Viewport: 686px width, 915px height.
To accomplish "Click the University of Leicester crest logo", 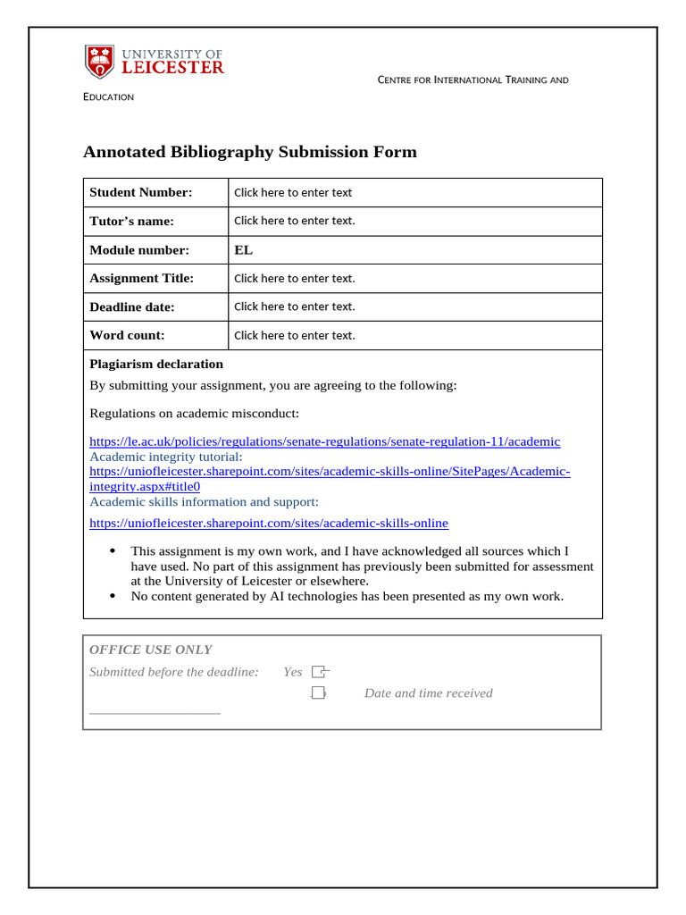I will tap(99, 61).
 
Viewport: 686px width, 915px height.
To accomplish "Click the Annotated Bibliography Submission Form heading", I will tap(249, 152).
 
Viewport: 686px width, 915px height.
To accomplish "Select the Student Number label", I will tap(140, 192).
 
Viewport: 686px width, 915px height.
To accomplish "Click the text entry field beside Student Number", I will tap(293, 192).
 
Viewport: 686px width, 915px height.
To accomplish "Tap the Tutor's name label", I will tap(131, 221).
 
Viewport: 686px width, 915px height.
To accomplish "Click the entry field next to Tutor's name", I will tap(294, 221).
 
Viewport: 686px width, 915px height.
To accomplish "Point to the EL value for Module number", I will tap(243, 249).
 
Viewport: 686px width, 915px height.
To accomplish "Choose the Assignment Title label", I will tap(141, 278).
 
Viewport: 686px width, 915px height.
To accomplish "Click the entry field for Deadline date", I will tap(294, 306).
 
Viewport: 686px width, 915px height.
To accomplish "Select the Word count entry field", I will tap(294, 335).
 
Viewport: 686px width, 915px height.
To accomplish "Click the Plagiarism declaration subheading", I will tap(156, 364).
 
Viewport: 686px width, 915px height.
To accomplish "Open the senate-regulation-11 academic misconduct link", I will tap(324, 441).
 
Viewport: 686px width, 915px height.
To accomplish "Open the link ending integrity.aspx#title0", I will tap(145, 486).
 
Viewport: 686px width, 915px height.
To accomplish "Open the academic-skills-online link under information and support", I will tap(269, 523).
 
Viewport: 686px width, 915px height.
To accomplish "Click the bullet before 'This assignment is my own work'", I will tap(112, 551).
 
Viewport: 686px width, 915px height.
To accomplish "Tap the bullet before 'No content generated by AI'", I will tap(112, 596).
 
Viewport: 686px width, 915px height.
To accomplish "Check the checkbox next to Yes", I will tap(319, 672).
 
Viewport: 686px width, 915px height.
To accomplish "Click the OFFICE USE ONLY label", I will tap(151, 650).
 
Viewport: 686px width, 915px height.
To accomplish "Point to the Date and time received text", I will tap(428, 693).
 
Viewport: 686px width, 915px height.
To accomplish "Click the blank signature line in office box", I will tap(155, 713).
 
